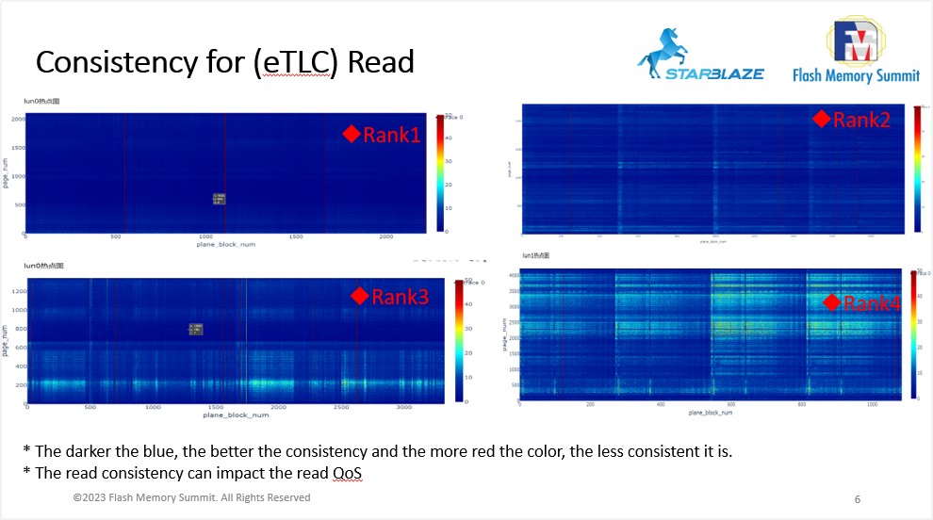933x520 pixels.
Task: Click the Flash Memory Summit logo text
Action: [856, 74]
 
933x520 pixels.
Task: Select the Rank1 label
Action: [390, 135]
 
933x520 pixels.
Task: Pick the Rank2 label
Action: [861, 120]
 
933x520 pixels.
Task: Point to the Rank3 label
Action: [400, 297]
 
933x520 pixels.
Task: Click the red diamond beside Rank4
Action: [831, 302]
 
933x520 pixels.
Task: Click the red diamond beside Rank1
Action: [352, 135]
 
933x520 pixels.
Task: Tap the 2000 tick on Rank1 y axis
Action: [17, 119]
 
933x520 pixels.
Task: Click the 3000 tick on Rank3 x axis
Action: [404, 408]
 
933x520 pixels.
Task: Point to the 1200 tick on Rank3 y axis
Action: [17, 292]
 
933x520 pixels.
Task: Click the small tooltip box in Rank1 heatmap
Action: [219, 198]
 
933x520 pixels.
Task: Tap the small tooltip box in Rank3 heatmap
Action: [195, 328]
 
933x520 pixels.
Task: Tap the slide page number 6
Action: [857, 498]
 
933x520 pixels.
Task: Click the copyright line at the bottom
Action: [191, 497]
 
